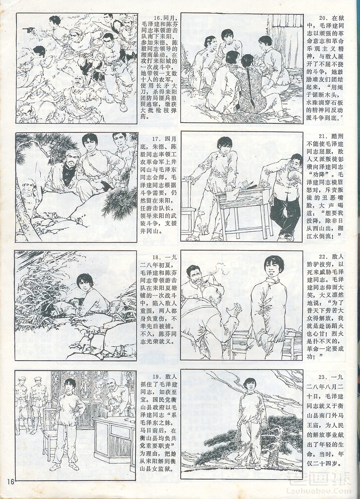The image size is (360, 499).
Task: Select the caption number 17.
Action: point(158,138)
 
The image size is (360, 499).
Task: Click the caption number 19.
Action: point(158,377)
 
